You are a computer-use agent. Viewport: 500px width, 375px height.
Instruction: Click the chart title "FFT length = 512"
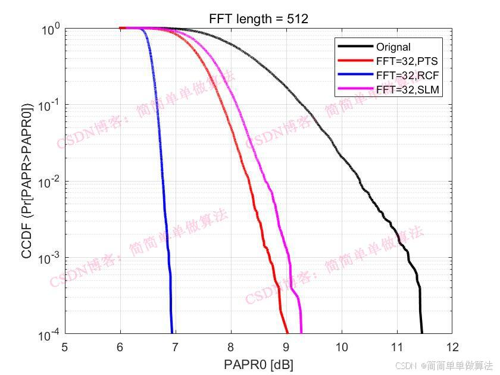coord(258,20)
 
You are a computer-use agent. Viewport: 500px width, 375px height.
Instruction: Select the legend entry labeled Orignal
coord(393,47)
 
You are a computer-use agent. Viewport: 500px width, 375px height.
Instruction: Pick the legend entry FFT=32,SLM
coord(408,89)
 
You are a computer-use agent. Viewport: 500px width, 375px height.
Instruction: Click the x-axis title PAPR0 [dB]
coord(258,364)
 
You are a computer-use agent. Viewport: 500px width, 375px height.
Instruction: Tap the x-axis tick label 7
coord(175,347)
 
